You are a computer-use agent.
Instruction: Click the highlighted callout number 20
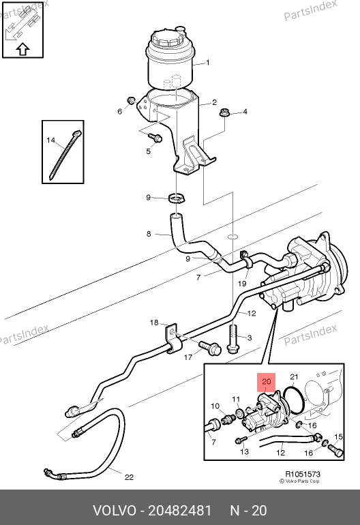click(x=266, y=382)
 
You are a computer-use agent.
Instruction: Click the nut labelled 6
click(x=132, y=100)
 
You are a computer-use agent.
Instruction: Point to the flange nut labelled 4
click(x=224, y=112)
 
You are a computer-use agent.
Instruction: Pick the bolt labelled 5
click(x=155, y=137)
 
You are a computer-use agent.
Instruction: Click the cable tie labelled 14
click(x=65, y=155)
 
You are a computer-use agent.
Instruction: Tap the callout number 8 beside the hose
click(x=149, y=234)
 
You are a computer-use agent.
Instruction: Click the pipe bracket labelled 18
click(x=172, y=338)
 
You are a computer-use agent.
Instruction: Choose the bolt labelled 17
click(x=210, y=348)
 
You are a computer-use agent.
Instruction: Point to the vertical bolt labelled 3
click(x=233, y=339)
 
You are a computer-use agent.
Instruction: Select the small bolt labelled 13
click(x=241, y=440)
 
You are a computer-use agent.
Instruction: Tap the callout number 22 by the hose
click(x=129, y=477)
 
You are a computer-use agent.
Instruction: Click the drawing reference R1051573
click(x=303, y=474)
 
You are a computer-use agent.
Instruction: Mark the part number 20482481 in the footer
click(x=179, y=511)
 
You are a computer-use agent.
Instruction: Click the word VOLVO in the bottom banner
click(x=115, y=511)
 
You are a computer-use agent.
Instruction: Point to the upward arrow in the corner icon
click(x=22, y=50)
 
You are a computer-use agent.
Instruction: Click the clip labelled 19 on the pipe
click(x=246, y=260)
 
